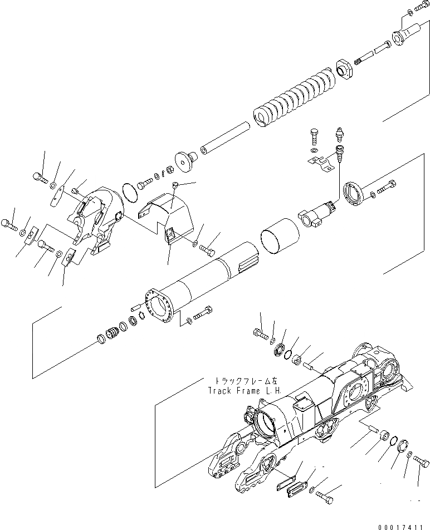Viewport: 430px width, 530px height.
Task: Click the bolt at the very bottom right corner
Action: pyautogui.click(x=423, y=460)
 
